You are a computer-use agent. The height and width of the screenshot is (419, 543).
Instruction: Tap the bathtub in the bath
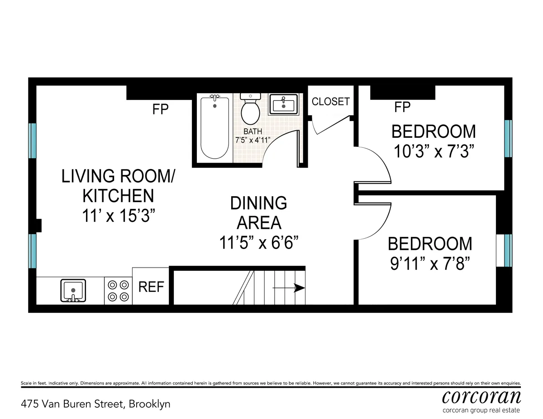[214, 127]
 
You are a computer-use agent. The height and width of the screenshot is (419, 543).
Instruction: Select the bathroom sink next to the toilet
[283, 105]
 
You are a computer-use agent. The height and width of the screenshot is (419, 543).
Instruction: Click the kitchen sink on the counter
[73, 290]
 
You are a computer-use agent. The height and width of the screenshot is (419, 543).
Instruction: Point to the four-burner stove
[118, 290]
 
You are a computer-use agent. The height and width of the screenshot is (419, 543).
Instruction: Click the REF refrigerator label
[151, 287]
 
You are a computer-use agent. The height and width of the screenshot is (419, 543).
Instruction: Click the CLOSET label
[331, 101]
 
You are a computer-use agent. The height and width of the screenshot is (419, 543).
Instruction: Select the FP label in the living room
[160, 109]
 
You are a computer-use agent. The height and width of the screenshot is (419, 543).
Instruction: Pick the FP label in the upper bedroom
[402, 107]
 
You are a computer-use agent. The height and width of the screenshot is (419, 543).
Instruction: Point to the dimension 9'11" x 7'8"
[430, 263]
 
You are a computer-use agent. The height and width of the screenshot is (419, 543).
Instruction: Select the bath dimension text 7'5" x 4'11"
[252, 140]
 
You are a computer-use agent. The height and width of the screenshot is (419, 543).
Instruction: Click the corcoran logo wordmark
[481, 396]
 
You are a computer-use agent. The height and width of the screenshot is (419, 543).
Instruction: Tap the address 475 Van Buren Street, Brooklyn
[96, 404]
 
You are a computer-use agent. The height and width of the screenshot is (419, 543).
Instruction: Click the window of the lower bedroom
[508, 250]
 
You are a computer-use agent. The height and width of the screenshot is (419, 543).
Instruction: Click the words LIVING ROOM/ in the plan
[118, 176]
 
